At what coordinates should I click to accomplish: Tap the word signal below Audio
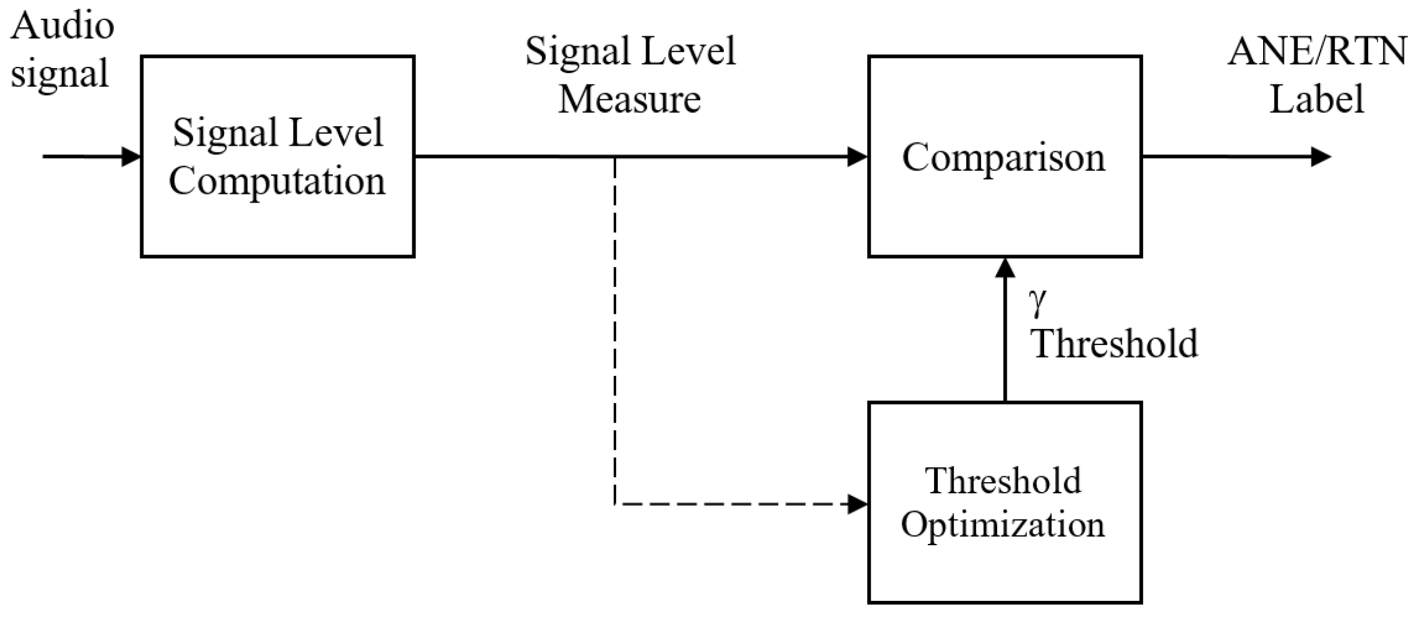click(59, 74)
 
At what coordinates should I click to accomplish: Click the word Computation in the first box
click(277, 182)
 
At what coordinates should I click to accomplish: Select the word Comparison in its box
click(1003, 158)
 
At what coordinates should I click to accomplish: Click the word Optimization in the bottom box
click(1003, 524)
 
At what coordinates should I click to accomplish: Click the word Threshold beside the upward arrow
click(1114, 343)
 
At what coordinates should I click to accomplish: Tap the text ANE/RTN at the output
click(1318, 51)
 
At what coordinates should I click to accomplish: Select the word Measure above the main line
click(629, 99)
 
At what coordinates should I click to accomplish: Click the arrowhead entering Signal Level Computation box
click(131, 156)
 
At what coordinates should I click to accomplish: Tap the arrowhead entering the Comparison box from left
click(857, 156)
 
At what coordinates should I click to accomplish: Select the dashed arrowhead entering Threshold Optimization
click(857, 503)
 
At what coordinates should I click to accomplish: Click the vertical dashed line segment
click(615, 331)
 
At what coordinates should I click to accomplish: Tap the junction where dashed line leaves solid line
click(615, 157)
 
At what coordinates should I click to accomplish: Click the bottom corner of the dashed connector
click(615, 503)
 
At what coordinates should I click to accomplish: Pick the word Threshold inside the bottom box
click(1003, 481)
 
